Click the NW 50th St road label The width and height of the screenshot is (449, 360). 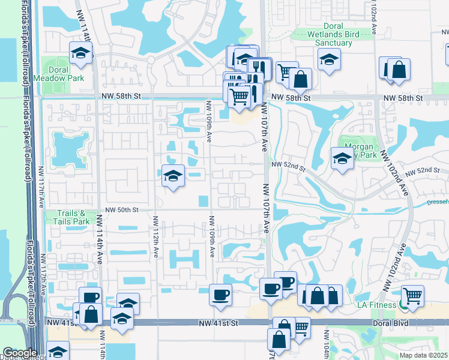(x=122, y=210)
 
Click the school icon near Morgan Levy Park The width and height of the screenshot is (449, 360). (x=342, y=158)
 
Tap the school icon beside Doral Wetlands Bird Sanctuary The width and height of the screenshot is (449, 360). (x=328, y=59)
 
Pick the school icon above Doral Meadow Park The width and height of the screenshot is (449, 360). (x=80, y=54)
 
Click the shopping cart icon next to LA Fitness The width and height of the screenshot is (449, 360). (x=412, y=296)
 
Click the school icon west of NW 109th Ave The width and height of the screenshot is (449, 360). (x=173, y=176)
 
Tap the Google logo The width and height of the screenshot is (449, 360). (x=20, y=353)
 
